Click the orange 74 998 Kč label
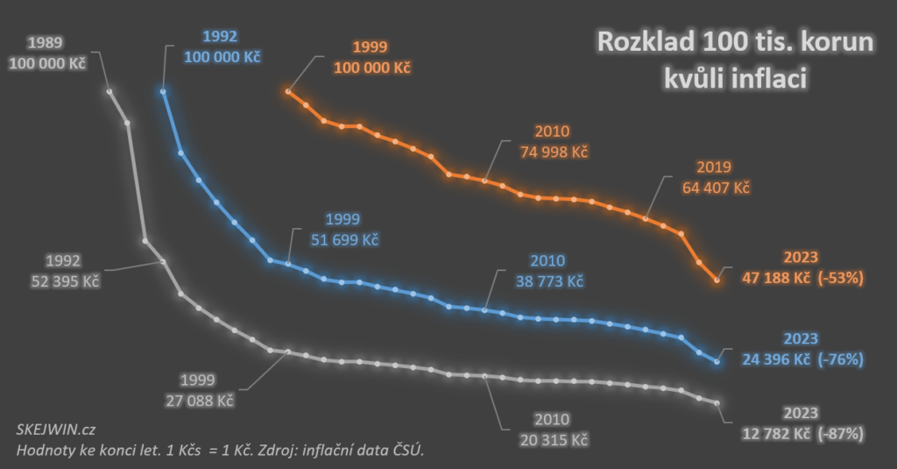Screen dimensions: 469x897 551,152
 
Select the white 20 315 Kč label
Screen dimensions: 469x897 548,438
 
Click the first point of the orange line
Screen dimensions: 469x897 288,90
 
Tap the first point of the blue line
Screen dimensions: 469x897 163,90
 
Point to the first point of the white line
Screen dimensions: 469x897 109,90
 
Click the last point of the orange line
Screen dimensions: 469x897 717,280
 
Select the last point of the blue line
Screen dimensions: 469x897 717,360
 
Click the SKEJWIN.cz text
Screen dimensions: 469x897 56,429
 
